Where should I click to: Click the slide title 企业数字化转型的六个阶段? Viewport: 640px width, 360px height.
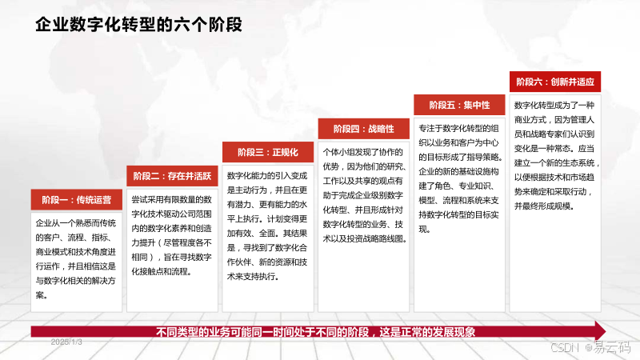(138, 25)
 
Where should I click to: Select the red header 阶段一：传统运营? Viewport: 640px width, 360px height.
(76, 199)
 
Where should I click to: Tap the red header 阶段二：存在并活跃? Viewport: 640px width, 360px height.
(172, 176)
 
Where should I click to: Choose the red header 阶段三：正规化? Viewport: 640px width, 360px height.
(268, 152)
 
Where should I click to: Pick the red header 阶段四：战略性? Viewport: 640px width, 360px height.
(364, 129)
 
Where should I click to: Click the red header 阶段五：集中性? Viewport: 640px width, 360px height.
(459, 105)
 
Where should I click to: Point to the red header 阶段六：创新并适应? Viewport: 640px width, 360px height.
(555, 82)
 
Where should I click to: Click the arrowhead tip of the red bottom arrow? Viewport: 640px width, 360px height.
(606, 330)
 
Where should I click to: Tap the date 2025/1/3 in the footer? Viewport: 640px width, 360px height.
(66, 342)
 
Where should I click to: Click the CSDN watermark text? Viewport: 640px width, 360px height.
(565, 347)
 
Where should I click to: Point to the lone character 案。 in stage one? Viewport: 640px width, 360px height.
(42, 295)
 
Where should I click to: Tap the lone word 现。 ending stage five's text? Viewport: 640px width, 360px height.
(425, 230)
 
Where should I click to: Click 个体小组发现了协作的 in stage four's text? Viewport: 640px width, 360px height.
(363, 152)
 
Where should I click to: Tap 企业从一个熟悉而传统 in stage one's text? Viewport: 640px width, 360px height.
(75, 223)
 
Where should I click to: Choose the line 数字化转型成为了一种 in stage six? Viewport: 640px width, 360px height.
(554, 106)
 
